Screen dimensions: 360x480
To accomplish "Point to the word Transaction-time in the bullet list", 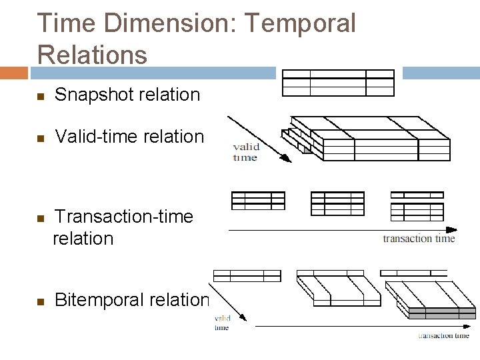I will (x=123, y=217).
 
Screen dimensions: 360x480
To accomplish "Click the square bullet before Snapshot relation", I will (x=40, y=96).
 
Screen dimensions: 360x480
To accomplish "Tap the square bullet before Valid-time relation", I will (x=40, y=138).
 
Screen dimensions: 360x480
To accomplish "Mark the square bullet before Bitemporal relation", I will (x=40, y=301).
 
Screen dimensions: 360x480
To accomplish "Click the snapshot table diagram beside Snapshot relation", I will (x=338, y=83).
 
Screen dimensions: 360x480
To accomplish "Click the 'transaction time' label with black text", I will (x=419, y=239).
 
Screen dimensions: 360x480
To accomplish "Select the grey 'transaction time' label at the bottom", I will (x=443, y=335).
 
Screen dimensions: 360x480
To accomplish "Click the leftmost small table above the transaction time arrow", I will (x=257, y=202).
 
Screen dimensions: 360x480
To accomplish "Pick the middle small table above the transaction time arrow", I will (x=337, y=203).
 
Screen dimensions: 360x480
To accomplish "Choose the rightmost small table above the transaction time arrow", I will (x=417, y=206).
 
